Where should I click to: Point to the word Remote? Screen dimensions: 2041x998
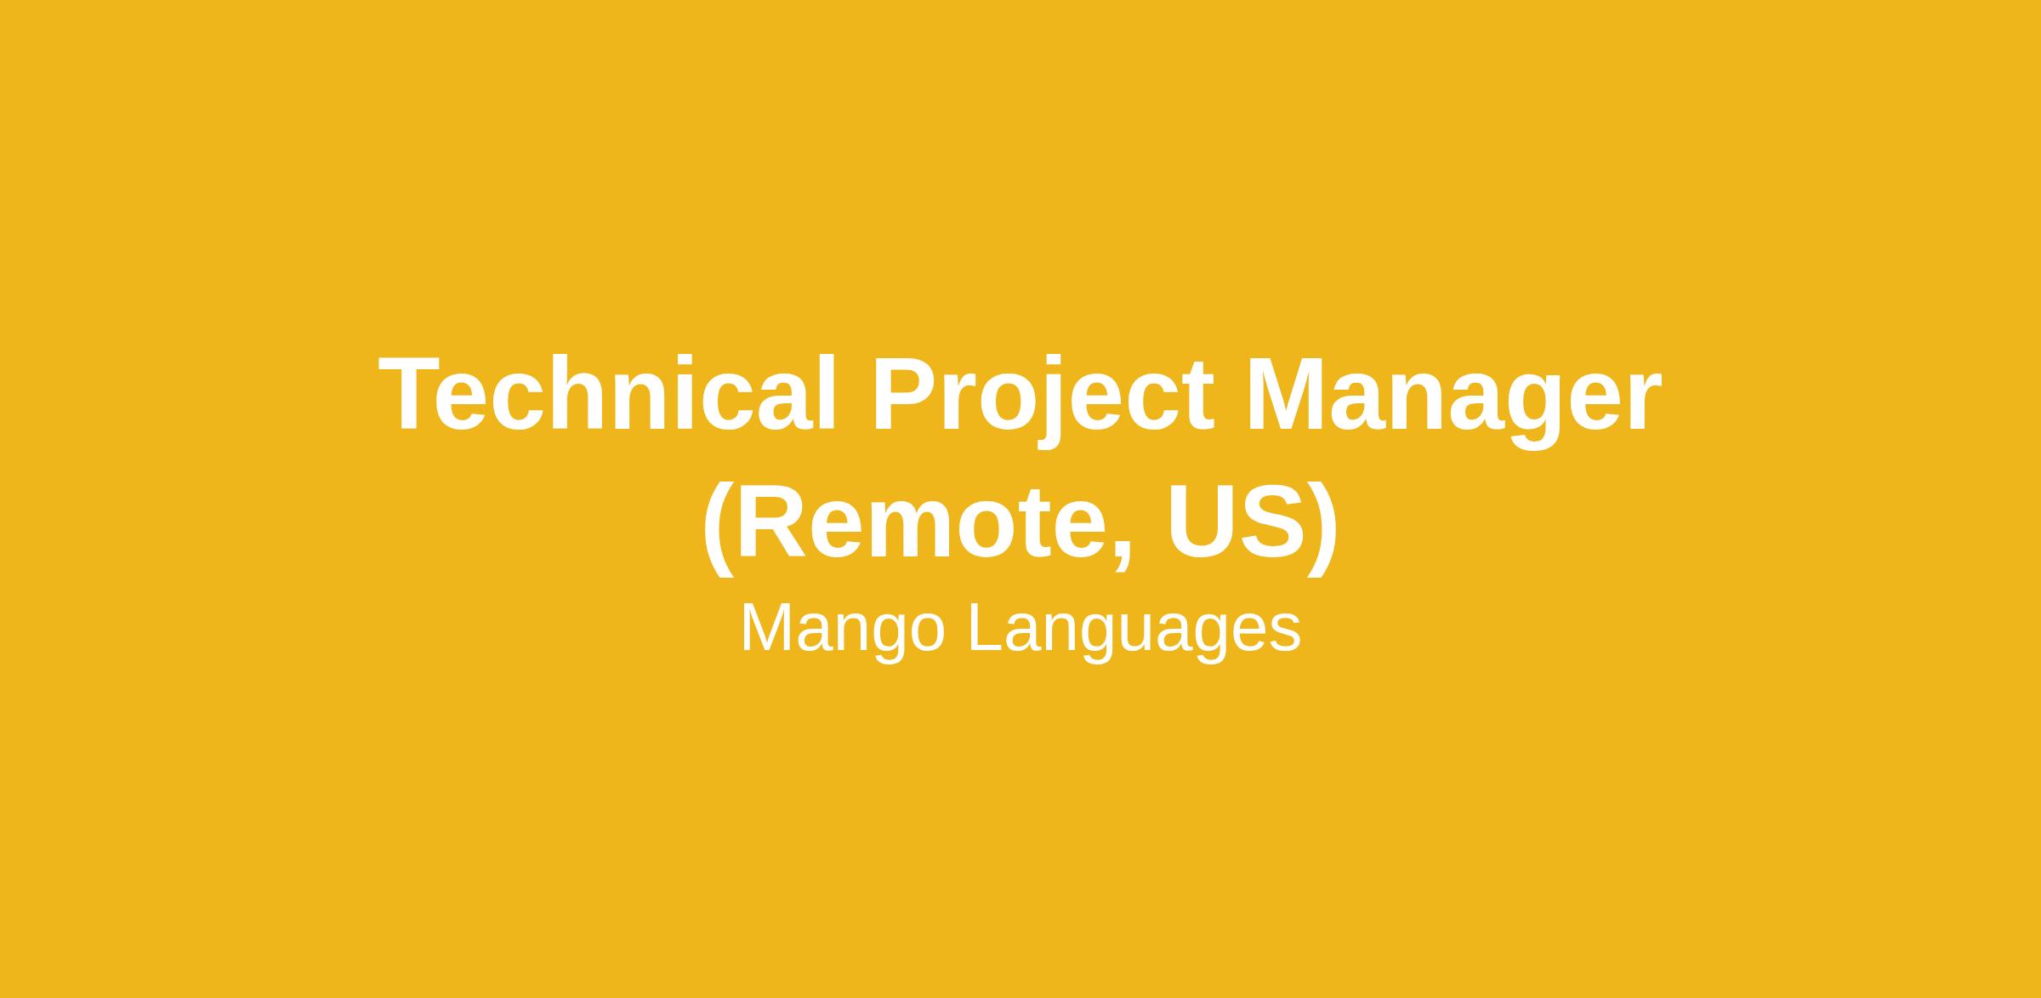tap(918, 521)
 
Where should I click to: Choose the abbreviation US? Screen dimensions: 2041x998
tap(1237, 522)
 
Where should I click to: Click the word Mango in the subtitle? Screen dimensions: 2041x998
tap(843, 630)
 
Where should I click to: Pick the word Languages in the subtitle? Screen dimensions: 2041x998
tap(1134, 630)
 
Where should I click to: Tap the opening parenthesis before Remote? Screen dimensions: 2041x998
tap(719, 528)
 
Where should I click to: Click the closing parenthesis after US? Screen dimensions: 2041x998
tap(1322, 528)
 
